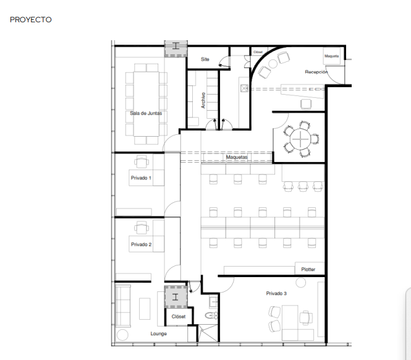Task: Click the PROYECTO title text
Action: pyautogui.click(x=31, y=20)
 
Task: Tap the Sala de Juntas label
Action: pyautogui.click(x=146, y=113)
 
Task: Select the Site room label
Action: pyautogui.click(x=205, y=59)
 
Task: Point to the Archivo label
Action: pyautogui.click(x=203, y=100)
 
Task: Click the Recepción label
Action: pyautogui.click(x=316, y=72)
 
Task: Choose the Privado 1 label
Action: pyautogui.click(x=141, y=178)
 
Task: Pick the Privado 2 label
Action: pyautogui.click(x=142, y=244)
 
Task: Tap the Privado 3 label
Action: pyautogui.click(x=276, y=293)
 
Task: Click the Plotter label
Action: pyautogui.click(x=308, y=270)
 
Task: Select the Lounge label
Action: pyautogui.click(x=159, y=334)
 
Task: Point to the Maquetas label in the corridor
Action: pyautogui.click(x=237, y=157)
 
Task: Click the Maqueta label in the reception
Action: pyautogui.click(x=331, y=56)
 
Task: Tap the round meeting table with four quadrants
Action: pyautogui.click(x=300, y=139)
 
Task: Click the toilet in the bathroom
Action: pyautogui.click(x=211, y=315)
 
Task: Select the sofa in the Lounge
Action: pyautogui.click(x=123, y=306)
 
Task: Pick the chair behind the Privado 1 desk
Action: pyautogui.click(x=142, y=161)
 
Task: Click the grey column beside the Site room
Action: pyautogui.click(x=176, y=48)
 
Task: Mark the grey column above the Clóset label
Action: pyautogui.click(x=176, y=297)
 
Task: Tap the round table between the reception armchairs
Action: pyautogui.click(x=273, y=64)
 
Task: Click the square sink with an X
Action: pyautogui.click(x=244, y=88)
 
